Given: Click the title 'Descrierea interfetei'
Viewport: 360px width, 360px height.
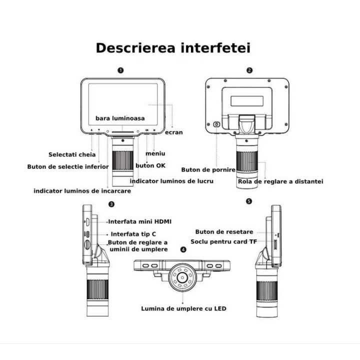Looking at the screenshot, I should [x=172, y=48].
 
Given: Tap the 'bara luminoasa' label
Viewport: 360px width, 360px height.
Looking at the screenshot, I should [x=120, y=118].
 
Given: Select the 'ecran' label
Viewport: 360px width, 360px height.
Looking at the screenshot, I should [x=174, y=132].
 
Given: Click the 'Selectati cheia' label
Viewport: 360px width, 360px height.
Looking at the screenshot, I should [x=71, y=154].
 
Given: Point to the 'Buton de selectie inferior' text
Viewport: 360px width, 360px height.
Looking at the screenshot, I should [x=67, y=166].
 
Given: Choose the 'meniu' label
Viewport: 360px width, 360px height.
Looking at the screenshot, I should [x=155, y=153].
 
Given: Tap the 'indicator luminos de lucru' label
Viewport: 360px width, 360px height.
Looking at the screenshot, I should [x=171, y=180].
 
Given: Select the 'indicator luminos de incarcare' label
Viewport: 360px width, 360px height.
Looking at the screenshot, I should [x=82, y=191].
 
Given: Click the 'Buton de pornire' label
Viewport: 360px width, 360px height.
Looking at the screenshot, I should [x=208, y=169].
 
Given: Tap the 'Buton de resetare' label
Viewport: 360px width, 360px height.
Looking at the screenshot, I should [x=224, y=232].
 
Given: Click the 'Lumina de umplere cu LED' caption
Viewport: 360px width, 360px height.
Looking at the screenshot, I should [x=183, y=308].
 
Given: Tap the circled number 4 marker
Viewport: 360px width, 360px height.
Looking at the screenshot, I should [x=183, y=249].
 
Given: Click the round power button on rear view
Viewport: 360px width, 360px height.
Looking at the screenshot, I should [x=217, y=124].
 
